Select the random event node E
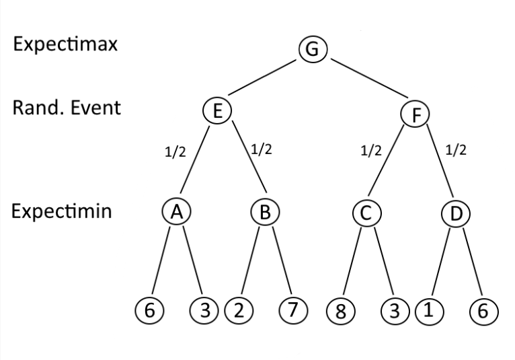pyautogui.click(x=217, y=111)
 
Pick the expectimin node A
pyautogui.click(x=176, y=212)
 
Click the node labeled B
pyautogui.click(x=265, y=213)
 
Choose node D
pyautogui.click(x=455, y=215)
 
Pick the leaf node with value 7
pyautogui.click(x=292, y=310)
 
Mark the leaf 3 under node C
pyautogui.click(x=394, y=312)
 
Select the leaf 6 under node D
pyautogui.click(x=484, y=312)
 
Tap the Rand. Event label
pyautogui.click(x=67, y=108)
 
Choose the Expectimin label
pyautogui.click(x=61, y=211)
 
